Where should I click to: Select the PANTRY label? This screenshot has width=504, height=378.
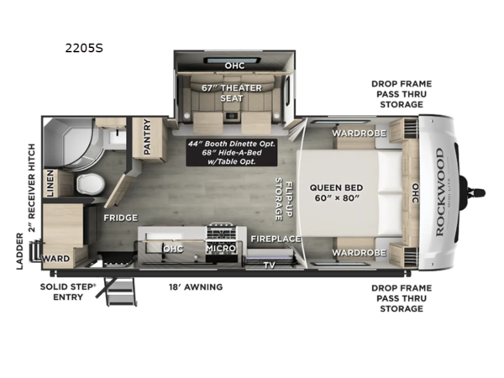click(147, 137)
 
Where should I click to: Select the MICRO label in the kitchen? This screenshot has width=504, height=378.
click(220, 248)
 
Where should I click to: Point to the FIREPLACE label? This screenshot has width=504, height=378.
click(275, 239)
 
